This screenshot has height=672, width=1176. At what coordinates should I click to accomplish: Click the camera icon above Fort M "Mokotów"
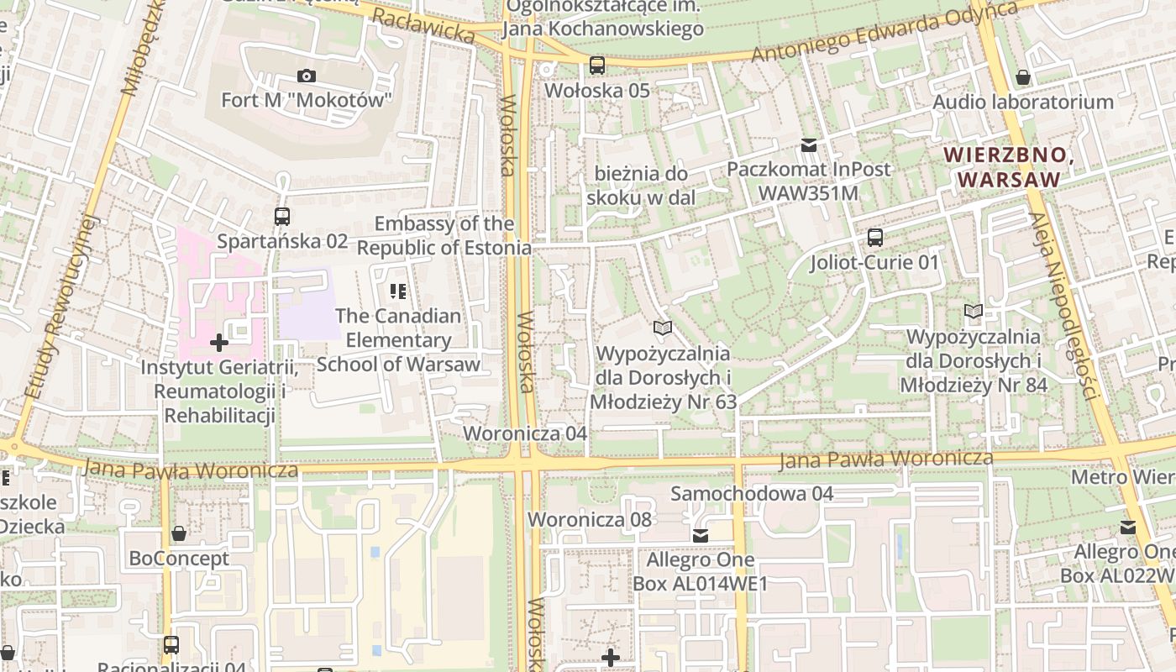tap(307, 76)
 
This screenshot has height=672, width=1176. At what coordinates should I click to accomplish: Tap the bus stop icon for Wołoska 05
tap(597, 65)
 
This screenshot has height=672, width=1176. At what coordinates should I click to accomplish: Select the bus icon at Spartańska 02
tap(282, 217)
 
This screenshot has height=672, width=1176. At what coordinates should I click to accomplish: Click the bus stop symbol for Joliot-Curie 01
tap(875, 238)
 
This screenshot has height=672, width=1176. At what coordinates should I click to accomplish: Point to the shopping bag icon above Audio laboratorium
tap(1023, 78)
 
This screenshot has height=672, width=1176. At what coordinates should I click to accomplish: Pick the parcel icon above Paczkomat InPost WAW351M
tap(809, 145)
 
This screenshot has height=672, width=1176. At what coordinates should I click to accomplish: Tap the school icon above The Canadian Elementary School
tap(398, 291)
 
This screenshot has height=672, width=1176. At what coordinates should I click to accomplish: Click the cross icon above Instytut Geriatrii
tap(219, 343)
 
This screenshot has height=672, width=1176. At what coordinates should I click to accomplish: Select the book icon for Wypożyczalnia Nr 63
tap(663, 328)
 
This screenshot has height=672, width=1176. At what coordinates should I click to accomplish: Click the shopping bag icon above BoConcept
tap(179, 533)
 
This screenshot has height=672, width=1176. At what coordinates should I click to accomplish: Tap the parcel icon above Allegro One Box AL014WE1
tap(701, 535)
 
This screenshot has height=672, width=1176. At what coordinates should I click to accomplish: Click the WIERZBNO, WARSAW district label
tap(1009, 167)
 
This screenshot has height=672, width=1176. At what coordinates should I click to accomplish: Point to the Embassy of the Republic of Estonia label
tap(444, 236)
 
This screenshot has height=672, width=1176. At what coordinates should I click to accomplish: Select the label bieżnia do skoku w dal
tap(642, 186)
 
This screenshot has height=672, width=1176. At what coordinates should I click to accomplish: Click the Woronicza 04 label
tap(525, 433)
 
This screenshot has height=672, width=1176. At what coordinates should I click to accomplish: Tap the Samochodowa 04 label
tap(752, 494)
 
